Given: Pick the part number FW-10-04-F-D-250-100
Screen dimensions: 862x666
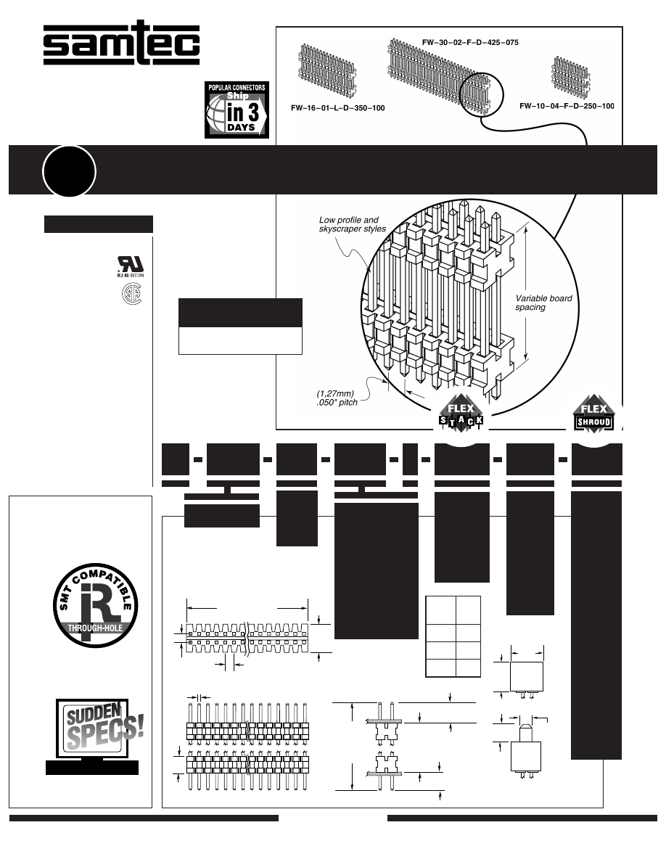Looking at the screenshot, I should coord(567,106).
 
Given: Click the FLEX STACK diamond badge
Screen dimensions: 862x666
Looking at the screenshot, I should coord(460,415).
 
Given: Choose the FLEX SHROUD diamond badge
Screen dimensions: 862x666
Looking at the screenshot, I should coord(593,415).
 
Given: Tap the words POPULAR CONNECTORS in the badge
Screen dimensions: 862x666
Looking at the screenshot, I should coord(237,88).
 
